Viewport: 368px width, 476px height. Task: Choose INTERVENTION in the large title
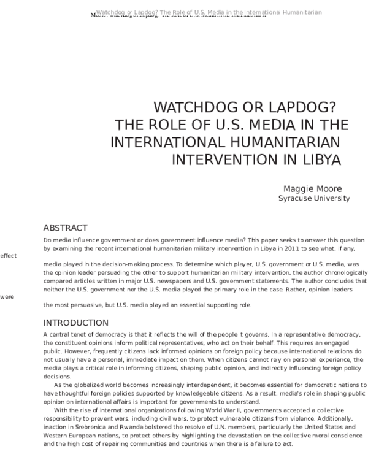(229, 160)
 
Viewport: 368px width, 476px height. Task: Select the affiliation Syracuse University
(314, 198)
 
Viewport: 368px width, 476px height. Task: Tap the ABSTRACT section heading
(66, 228)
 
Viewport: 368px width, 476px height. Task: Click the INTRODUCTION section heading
(75, 323)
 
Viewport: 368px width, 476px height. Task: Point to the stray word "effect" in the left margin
(8, 256)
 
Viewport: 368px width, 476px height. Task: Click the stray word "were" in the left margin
(7, 296)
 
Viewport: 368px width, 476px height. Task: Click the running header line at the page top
(209, 13)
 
